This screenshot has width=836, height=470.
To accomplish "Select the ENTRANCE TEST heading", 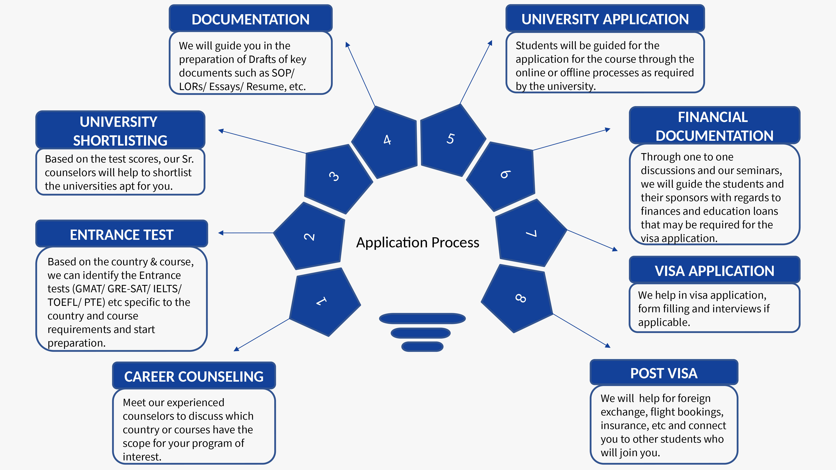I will point(122,235).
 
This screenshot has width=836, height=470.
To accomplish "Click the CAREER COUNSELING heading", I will point(194,376).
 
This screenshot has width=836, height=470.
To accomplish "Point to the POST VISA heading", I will point(664,373).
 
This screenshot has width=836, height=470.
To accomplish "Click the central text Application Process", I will point(418,243).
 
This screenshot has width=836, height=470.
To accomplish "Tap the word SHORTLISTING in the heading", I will point(120,140).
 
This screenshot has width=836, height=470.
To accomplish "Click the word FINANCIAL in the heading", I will point(713,117).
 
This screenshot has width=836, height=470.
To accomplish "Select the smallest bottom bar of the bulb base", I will point(422,346).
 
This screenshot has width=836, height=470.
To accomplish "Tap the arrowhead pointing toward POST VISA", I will point(608,346).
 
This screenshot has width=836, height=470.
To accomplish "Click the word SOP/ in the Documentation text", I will point(283,73).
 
